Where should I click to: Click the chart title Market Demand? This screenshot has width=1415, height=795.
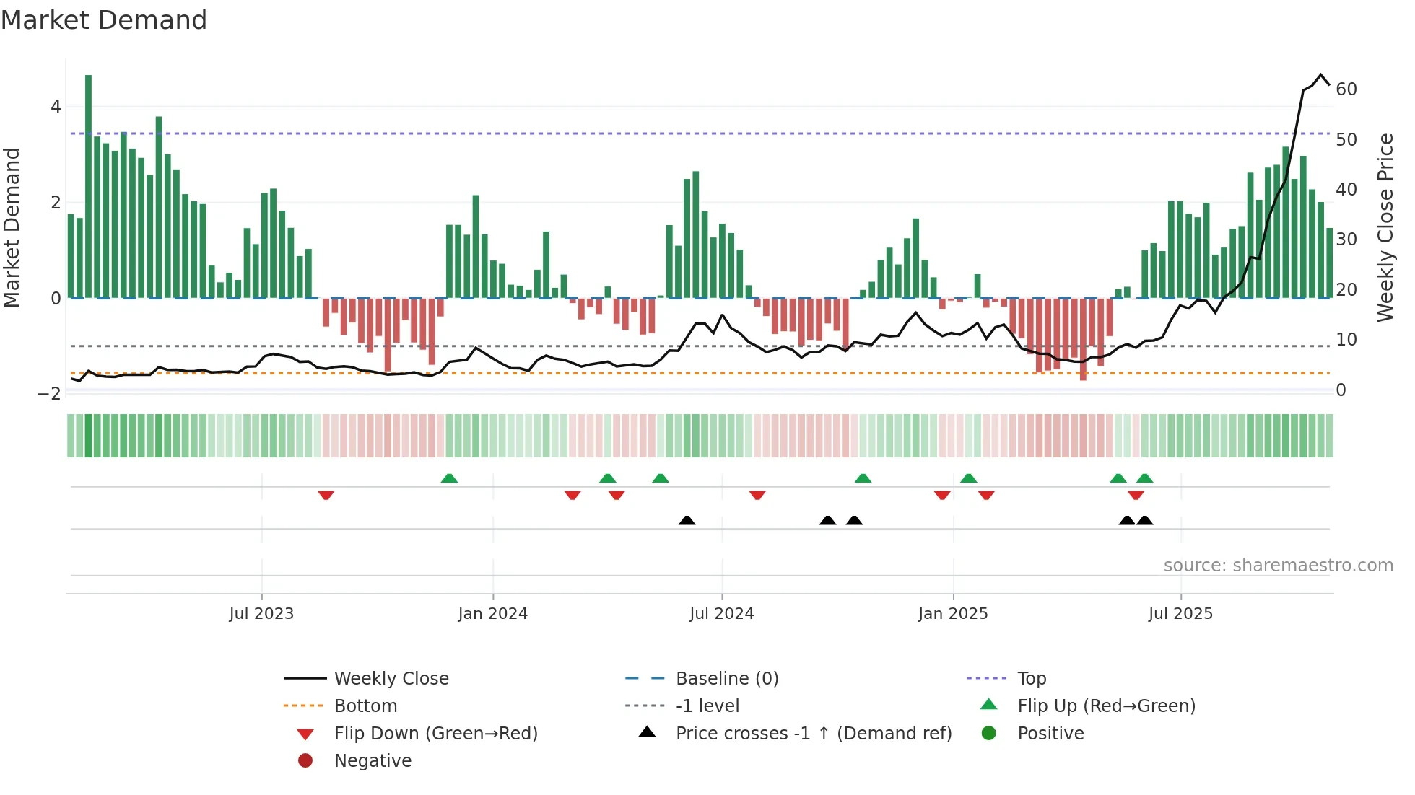point(104,20)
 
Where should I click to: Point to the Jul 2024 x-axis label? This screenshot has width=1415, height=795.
point(721,614)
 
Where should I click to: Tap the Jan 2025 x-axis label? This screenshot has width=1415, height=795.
point(952,614)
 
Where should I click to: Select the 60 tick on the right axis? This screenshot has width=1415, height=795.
point(1346,89)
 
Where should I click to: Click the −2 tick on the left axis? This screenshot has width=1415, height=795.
point(49,394)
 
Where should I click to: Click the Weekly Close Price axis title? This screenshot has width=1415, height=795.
point(1385,227)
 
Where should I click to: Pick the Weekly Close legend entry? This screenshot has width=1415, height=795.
point(391,679)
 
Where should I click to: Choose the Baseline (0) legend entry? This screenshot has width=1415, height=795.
point(726,679)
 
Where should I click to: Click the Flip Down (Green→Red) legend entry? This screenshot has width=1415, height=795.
point(435,734)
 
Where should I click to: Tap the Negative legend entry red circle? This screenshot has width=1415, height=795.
point(305,761)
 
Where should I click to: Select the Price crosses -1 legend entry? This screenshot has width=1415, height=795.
point(813,734)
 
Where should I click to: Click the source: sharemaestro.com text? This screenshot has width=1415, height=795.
point(1278,566)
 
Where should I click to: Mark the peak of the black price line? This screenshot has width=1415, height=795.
point(1321,75)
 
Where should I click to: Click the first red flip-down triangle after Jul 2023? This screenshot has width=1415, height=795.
point(326,495)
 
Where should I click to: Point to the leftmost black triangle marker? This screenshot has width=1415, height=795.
point(687,520)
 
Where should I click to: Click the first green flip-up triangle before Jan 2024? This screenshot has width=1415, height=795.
point(449,478)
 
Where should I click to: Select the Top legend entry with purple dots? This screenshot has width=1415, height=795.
point(1031,679)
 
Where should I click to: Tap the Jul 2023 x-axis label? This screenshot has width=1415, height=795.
point(261,614)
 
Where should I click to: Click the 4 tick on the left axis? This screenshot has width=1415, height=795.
point(56,107)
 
